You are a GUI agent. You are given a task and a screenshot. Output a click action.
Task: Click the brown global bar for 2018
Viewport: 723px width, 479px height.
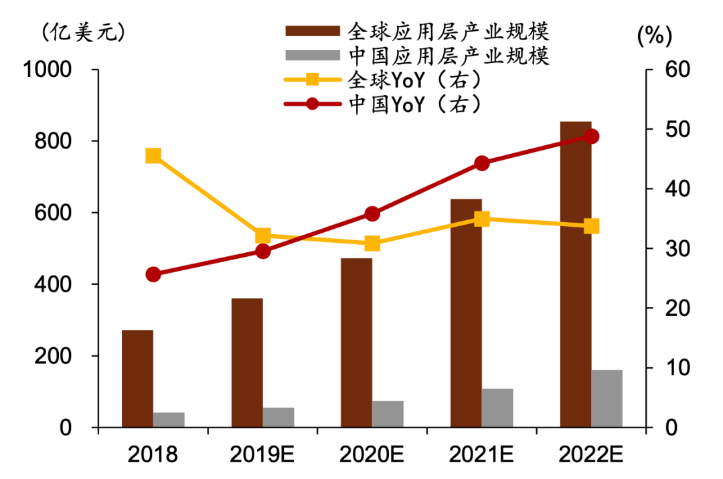click(137, 378)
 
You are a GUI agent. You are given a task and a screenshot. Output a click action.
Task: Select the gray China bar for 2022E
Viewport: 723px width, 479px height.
click(607, 399)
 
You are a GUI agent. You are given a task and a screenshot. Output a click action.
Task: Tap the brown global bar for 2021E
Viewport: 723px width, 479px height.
click(466, 313)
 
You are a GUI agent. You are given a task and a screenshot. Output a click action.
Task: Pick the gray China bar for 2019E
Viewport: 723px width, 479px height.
click(278, 417)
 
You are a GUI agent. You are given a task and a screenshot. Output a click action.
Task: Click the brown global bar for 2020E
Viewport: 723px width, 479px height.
click(356, 343)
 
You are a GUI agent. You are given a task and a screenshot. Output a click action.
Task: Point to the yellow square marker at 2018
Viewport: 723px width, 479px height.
click(153, 156)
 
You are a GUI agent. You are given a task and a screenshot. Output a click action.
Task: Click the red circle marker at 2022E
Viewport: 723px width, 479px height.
click(591, 136)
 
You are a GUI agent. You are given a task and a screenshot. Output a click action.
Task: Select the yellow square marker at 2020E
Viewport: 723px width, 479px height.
click(372, 244)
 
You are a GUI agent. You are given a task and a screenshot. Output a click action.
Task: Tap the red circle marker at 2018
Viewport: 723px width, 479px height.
click(153, 274)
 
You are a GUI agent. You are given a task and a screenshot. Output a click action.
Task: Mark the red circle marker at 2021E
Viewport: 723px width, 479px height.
click(482, 163)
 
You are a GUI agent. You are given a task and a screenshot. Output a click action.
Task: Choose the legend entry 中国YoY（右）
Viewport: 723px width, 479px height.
click(415, 104)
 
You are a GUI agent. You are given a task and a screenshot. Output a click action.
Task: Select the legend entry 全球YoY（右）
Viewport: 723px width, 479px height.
click(415, 80)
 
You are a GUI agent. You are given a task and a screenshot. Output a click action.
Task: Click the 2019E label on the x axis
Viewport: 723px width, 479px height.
click(262, 455)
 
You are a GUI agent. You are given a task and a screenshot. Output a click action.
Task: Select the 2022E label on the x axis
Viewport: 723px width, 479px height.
click(591, 455)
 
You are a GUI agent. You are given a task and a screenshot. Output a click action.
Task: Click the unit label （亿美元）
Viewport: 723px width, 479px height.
click(84, 32)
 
